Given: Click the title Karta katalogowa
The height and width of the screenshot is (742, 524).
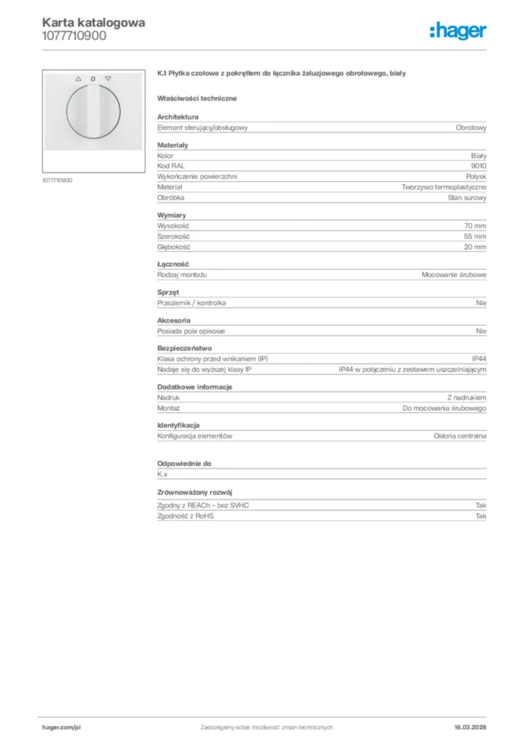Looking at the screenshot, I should pyautogui.click(x=93, y=22).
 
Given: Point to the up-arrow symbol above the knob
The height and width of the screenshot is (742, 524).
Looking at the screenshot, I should pyautogui.click(x=78, y=78).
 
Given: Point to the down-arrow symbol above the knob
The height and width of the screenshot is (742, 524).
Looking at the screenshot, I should pyautogui.click(x=109, y=78).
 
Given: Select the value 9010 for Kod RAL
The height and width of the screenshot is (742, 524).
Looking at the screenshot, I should pyautogui.click(x=478, y=166).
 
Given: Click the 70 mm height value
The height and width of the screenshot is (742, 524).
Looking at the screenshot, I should pyautogui.click(x=475, y=226).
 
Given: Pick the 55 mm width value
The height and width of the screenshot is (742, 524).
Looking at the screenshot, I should pyautogui.click(x=475, y=236).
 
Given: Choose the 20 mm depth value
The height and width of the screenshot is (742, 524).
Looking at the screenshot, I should pyautogui.click(x=475, y=247).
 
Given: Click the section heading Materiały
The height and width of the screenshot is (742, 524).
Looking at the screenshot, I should pyautogui.click(x=172, y=146).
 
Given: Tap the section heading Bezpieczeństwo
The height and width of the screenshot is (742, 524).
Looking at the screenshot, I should pyautogui.click(x=185, y=349).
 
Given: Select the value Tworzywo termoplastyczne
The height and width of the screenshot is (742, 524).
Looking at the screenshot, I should pyautogui.click(x=444, y=187).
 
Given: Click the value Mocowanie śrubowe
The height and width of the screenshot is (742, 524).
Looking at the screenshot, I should pyautogui.click(x=454, y=275).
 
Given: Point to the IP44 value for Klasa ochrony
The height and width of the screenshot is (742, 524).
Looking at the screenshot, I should pyautogui.click(x=478, y=359).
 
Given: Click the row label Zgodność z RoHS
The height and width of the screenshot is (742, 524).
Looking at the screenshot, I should pyautogui.click(x=186, y=516).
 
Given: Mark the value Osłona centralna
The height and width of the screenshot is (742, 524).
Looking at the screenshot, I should pyautogui.click(x=460, y=436).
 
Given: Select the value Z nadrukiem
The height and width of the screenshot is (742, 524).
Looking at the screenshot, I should pyautogui.click(x=467, y=398).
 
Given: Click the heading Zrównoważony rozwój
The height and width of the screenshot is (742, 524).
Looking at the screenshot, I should pyautogui.click(x=195, y=492).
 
